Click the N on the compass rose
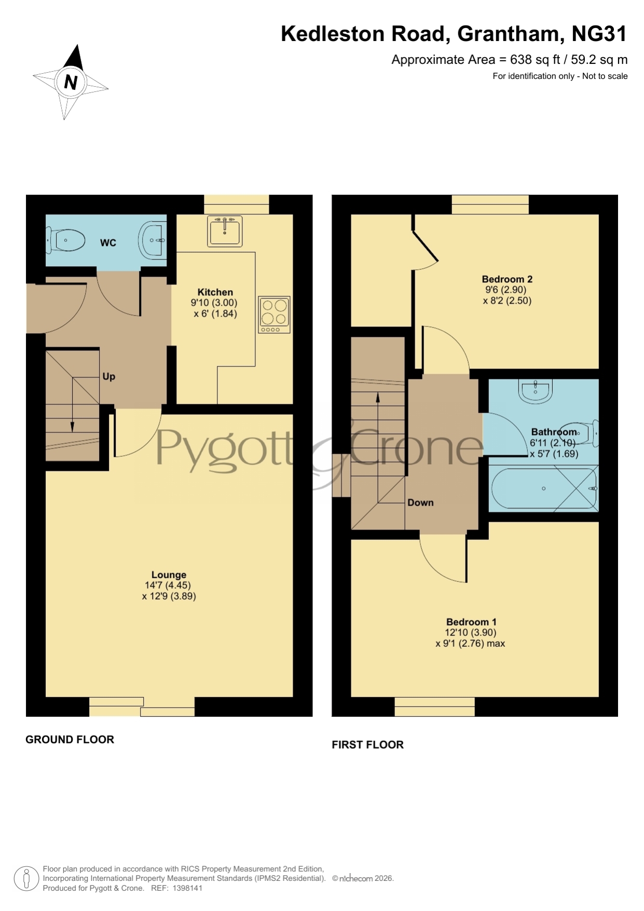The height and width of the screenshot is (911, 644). coord(71,82)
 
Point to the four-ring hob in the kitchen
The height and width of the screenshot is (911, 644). coord(274,315)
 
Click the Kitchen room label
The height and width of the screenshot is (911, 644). coord(215,292)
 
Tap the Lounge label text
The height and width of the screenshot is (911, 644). coord(169,575)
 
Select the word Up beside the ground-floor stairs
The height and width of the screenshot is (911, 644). coord(108,376)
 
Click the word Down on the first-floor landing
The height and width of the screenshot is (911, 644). coord(420,502)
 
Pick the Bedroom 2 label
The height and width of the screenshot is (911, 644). coord(507,279)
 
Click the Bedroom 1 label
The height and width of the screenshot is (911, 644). coord(471,622)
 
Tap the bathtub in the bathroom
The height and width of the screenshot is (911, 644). coord(544,488)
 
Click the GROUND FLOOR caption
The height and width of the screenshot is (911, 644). coord(70,740)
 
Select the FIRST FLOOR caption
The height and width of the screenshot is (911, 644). coord(367,745)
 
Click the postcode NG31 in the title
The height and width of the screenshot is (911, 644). coord(599,34)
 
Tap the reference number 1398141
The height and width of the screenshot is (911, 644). coord(187,888)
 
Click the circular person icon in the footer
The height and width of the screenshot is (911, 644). coord(26,879)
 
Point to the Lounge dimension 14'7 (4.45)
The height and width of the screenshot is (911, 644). coord(168,585)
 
